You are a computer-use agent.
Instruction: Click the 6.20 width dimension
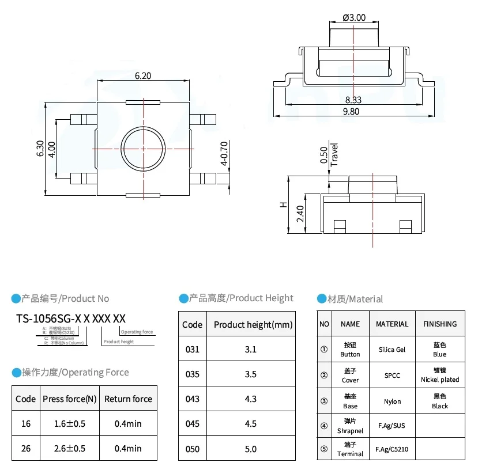pos(143,75)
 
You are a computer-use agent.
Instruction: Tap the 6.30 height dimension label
pos(39,149)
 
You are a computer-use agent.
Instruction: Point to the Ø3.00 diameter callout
pos(353,17)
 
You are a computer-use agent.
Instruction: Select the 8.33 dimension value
pos(353,100)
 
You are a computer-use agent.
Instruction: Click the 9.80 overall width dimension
pos(351,112)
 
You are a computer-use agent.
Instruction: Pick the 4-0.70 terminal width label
pos(224,154)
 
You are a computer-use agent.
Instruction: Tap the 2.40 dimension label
pos(300,214)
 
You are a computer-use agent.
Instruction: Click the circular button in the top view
pos(142,149)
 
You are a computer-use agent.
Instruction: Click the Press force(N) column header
pos(69,399)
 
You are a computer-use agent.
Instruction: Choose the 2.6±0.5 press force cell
pos(69,448)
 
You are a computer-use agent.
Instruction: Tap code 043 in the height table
pos(192,399)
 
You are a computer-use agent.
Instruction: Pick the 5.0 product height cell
pos(250,448)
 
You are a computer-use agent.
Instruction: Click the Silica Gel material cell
pos(392,350)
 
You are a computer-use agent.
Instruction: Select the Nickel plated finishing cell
pos(439,375)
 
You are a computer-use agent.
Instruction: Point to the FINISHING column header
pos(439,324)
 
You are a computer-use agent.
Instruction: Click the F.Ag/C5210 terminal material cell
pos(392,449)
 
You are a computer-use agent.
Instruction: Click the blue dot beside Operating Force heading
pos(16,373)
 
